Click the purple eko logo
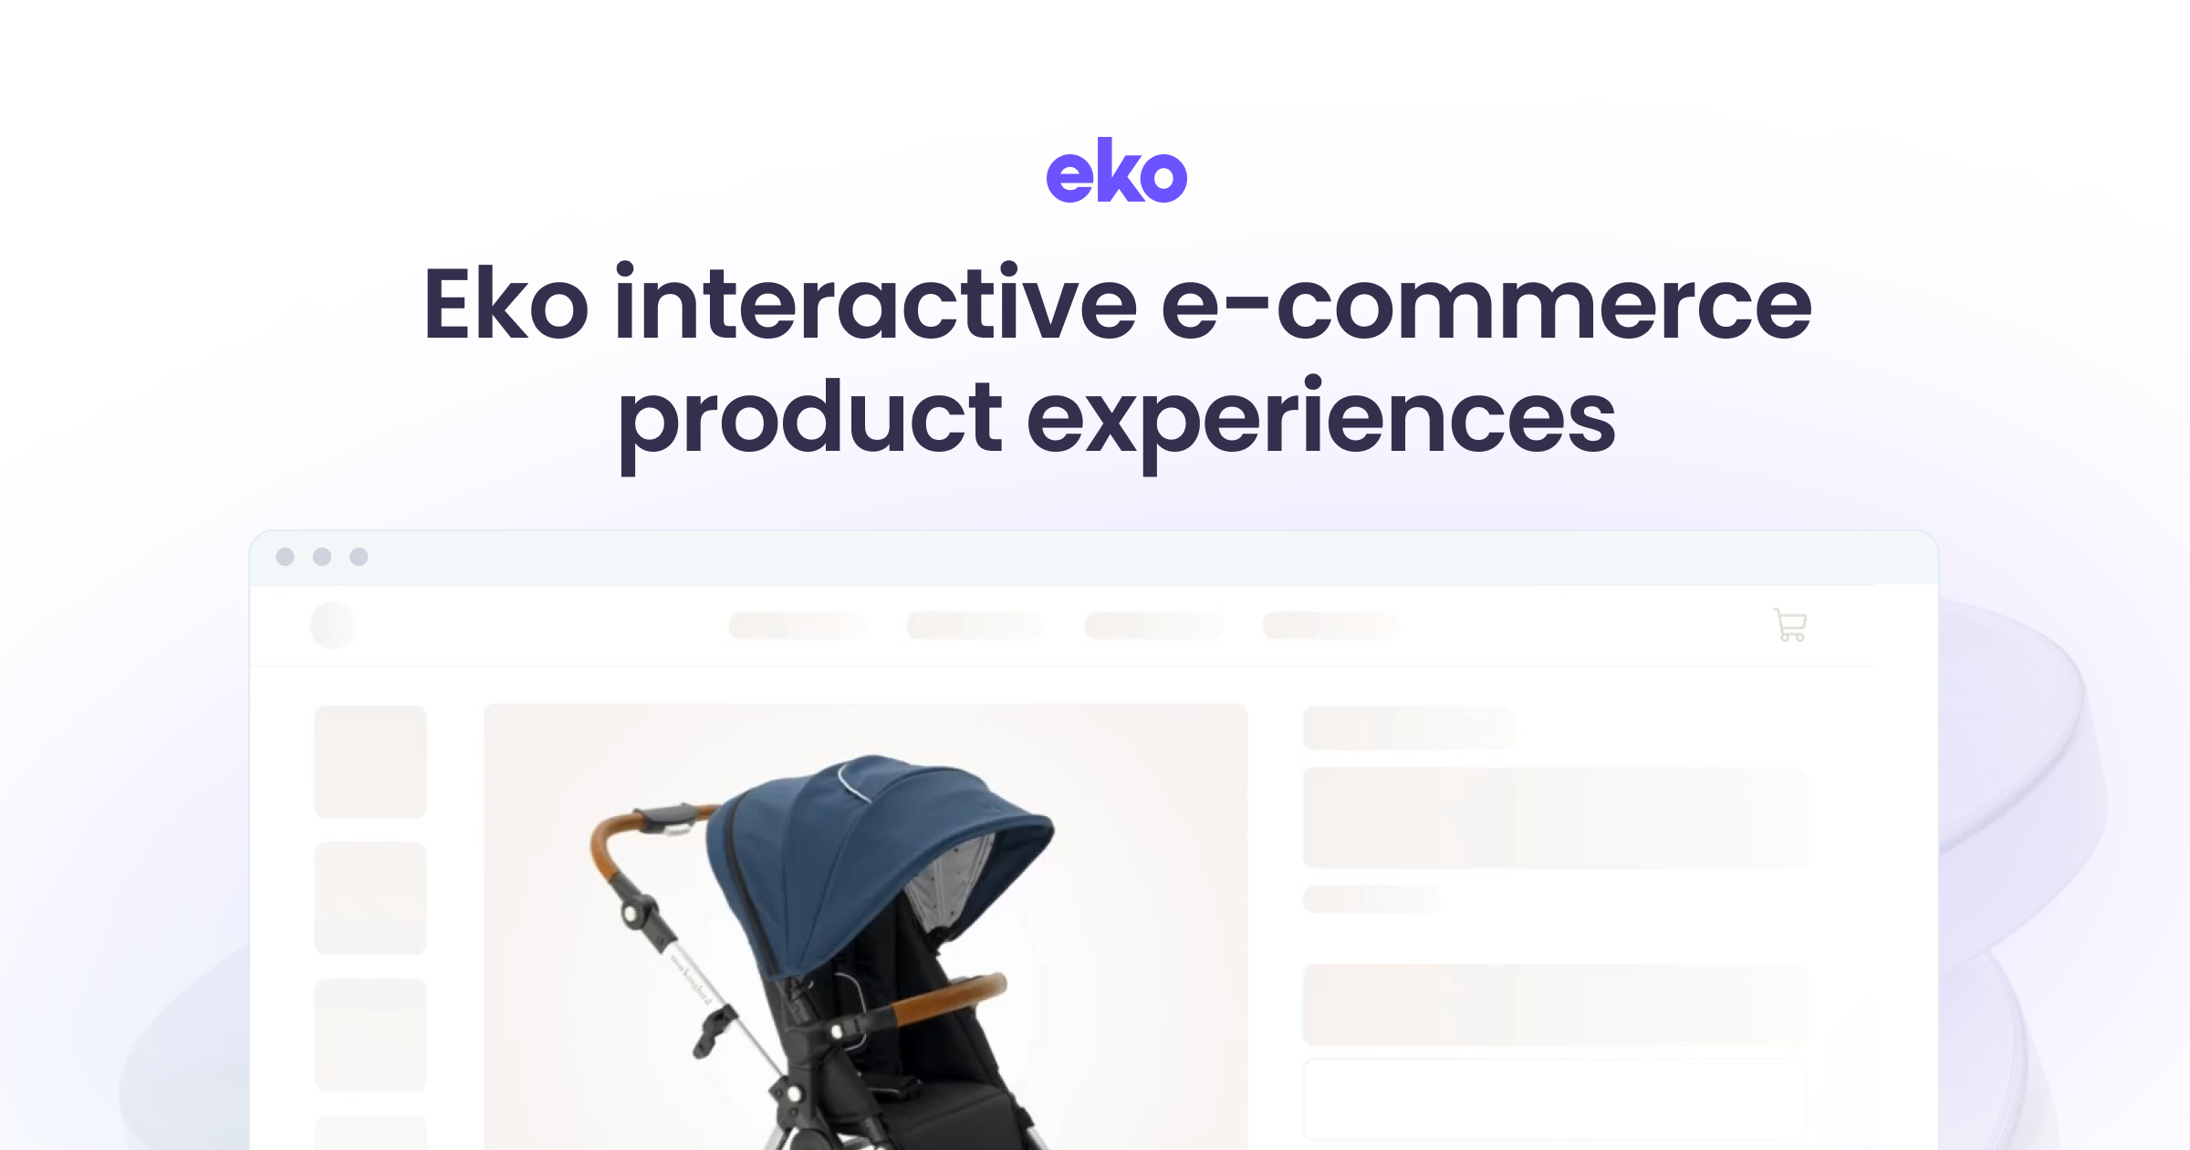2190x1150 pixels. (x=1116, y=171)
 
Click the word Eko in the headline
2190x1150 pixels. (x=505, y=305)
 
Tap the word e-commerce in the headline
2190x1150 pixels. (x=1486, y=305)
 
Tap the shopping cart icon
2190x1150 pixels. (x=1790, y=625)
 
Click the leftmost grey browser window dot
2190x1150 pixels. (x=285, y=557)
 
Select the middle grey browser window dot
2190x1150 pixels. (x=322, y=557)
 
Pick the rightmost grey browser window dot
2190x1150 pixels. (x=359, y=557)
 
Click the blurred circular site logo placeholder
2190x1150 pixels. (x=333, y=625)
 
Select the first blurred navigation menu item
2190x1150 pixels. (x=797, y=625)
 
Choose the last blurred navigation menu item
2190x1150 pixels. (x=1330, y=625)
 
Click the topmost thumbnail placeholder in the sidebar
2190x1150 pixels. (x=370, y=761)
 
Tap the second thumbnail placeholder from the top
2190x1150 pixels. (x=370, y=898)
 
